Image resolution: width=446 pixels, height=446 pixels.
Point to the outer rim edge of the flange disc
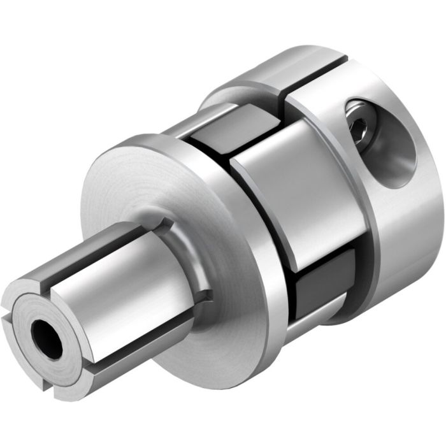pyautogui.click(x=255, y=280)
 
